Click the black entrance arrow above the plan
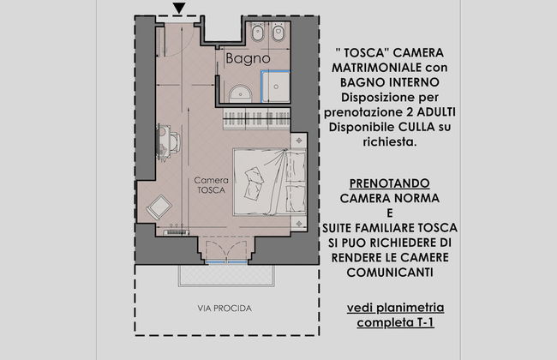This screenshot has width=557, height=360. [178, 9]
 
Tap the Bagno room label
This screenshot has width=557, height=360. [248, 58]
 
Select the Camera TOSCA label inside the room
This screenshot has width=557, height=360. [209, 185]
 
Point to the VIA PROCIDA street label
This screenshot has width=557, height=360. [219, 307]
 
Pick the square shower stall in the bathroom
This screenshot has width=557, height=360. [279, 86]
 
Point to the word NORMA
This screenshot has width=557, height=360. [416, 198]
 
